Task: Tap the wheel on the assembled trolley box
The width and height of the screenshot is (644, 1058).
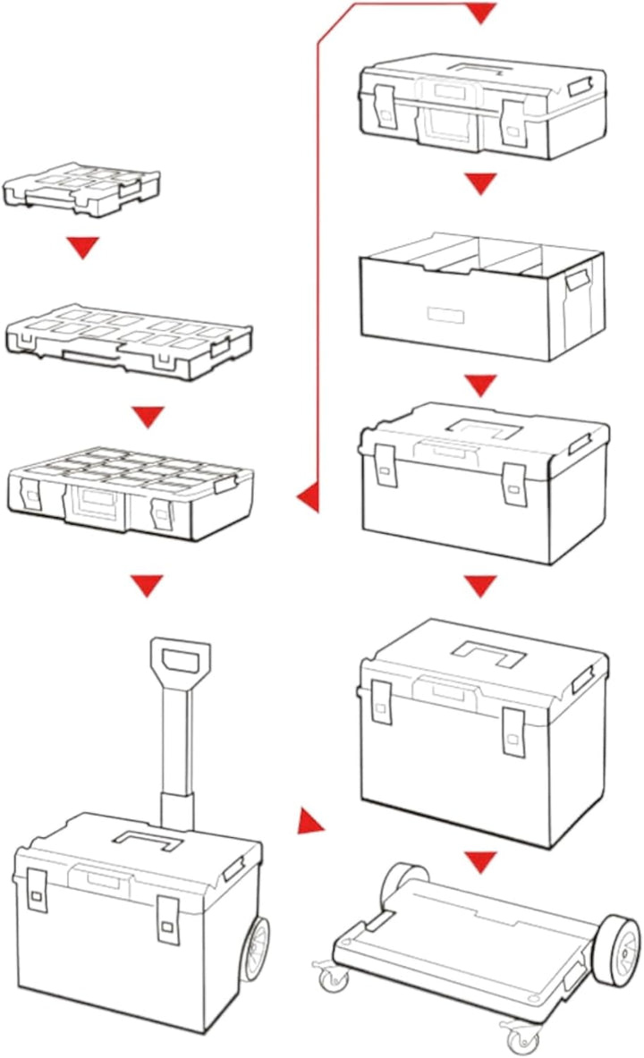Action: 256,949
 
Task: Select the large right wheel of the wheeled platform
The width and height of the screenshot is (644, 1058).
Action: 616,949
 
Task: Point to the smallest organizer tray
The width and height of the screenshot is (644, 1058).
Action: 82,186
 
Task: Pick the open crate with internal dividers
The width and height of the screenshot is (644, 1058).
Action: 480,295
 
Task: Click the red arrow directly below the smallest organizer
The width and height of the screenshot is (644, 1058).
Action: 84,248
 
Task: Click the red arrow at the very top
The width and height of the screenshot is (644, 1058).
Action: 481,13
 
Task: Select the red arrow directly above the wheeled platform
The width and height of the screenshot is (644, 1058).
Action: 480,862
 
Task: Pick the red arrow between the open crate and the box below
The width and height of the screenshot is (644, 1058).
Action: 480,385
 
